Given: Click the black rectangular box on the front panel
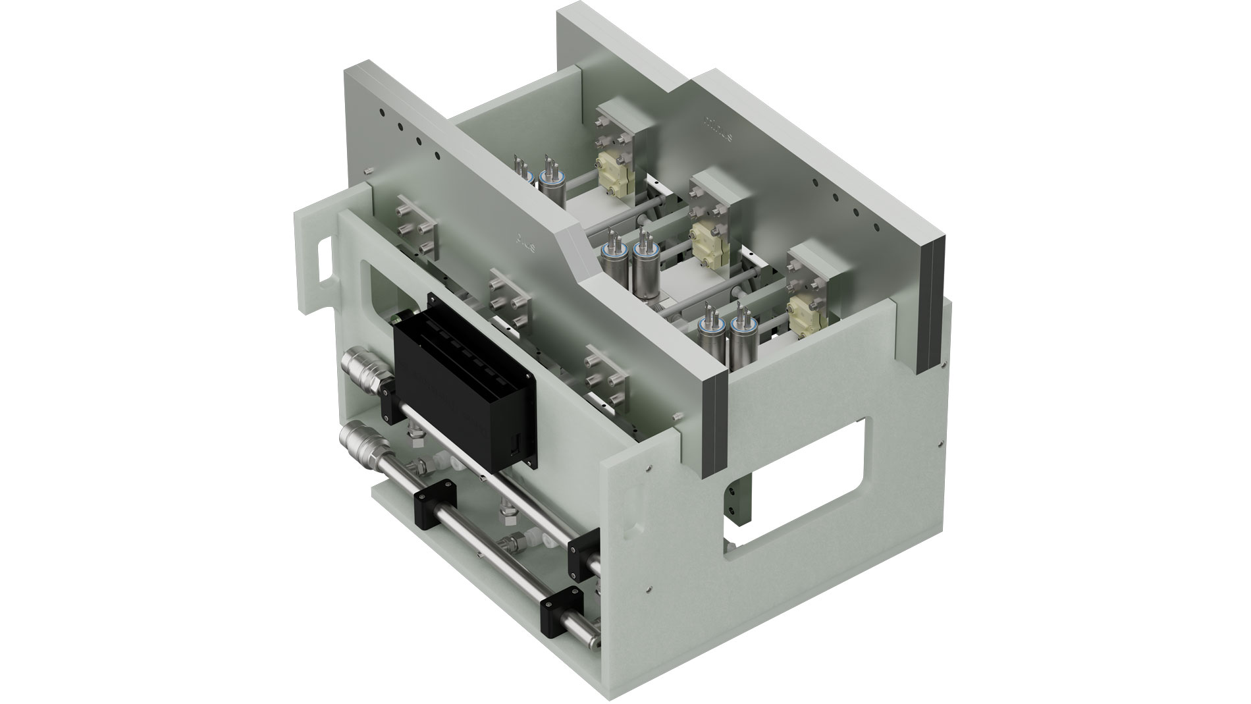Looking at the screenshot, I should (x=461, y=382).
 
